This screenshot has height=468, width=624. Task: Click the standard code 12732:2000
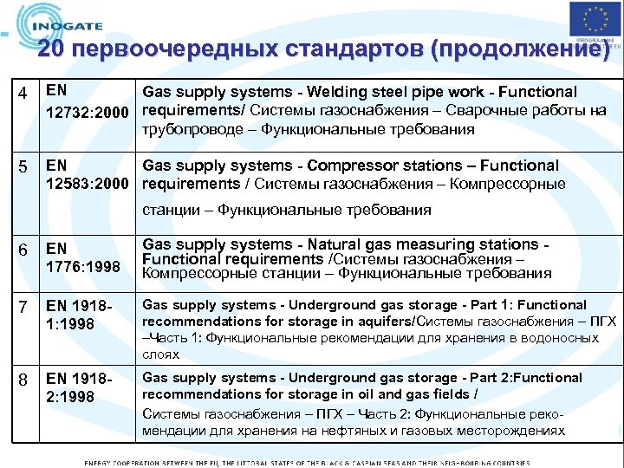click(x=90, y=111)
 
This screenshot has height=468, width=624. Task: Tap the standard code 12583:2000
click(x=90, y=184)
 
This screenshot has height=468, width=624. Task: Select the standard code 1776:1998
click(x=84, y=267)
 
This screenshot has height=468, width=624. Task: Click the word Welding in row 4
click(x=333, y=92)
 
